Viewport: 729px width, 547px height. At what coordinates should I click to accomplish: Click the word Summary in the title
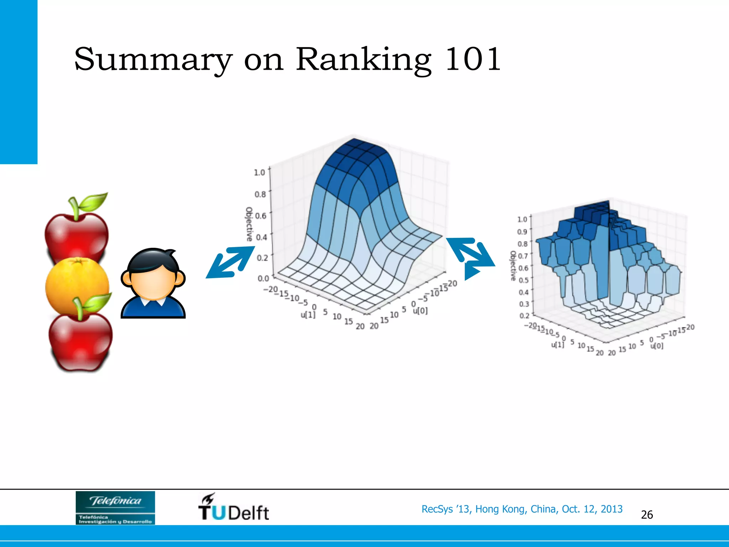coord(153,60)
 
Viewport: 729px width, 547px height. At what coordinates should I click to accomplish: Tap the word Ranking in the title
coord(363,60)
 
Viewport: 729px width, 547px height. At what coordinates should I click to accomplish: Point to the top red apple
coord(76,235)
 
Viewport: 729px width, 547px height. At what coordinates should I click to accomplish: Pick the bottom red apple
coord(80,342)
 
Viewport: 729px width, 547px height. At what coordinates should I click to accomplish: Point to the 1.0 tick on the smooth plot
coord(259,172)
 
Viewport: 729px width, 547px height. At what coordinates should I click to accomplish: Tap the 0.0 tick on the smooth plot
coord(263,278)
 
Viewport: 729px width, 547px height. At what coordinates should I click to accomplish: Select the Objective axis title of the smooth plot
coord(249,224)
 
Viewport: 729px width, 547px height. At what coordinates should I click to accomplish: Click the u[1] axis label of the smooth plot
coord(308,315)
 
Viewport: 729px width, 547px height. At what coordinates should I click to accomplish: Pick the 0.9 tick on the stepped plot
coord(522,232)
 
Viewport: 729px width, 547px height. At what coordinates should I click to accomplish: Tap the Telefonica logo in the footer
coord(115,507)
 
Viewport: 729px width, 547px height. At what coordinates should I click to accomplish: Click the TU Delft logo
coord(234,507)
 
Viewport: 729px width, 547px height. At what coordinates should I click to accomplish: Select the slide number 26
coord(647,515)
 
